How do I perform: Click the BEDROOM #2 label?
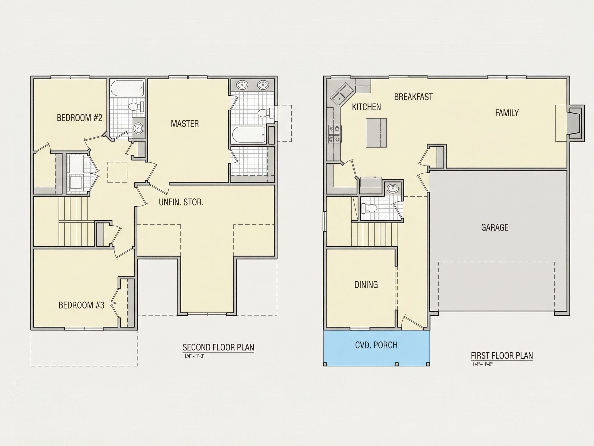point(79,118)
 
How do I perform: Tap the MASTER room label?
point(185,124)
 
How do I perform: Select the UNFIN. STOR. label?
point(181,202)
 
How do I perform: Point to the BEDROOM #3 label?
point(81,305)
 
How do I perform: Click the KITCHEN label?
point(366,107)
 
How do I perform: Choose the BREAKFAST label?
point(413,97)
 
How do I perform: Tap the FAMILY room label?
point(507,113)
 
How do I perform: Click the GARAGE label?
point(495,227)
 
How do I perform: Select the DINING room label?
point(366,284)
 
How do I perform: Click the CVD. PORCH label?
point(376,345)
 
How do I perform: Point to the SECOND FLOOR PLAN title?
point(218,347)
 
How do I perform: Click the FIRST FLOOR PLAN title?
point(502,356)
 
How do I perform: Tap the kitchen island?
point(376,133)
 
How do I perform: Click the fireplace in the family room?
point(575,122)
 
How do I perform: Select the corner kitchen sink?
point(342,95)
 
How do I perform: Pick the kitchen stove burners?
point(334,134)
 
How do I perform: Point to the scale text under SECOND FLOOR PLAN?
point(194,356)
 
